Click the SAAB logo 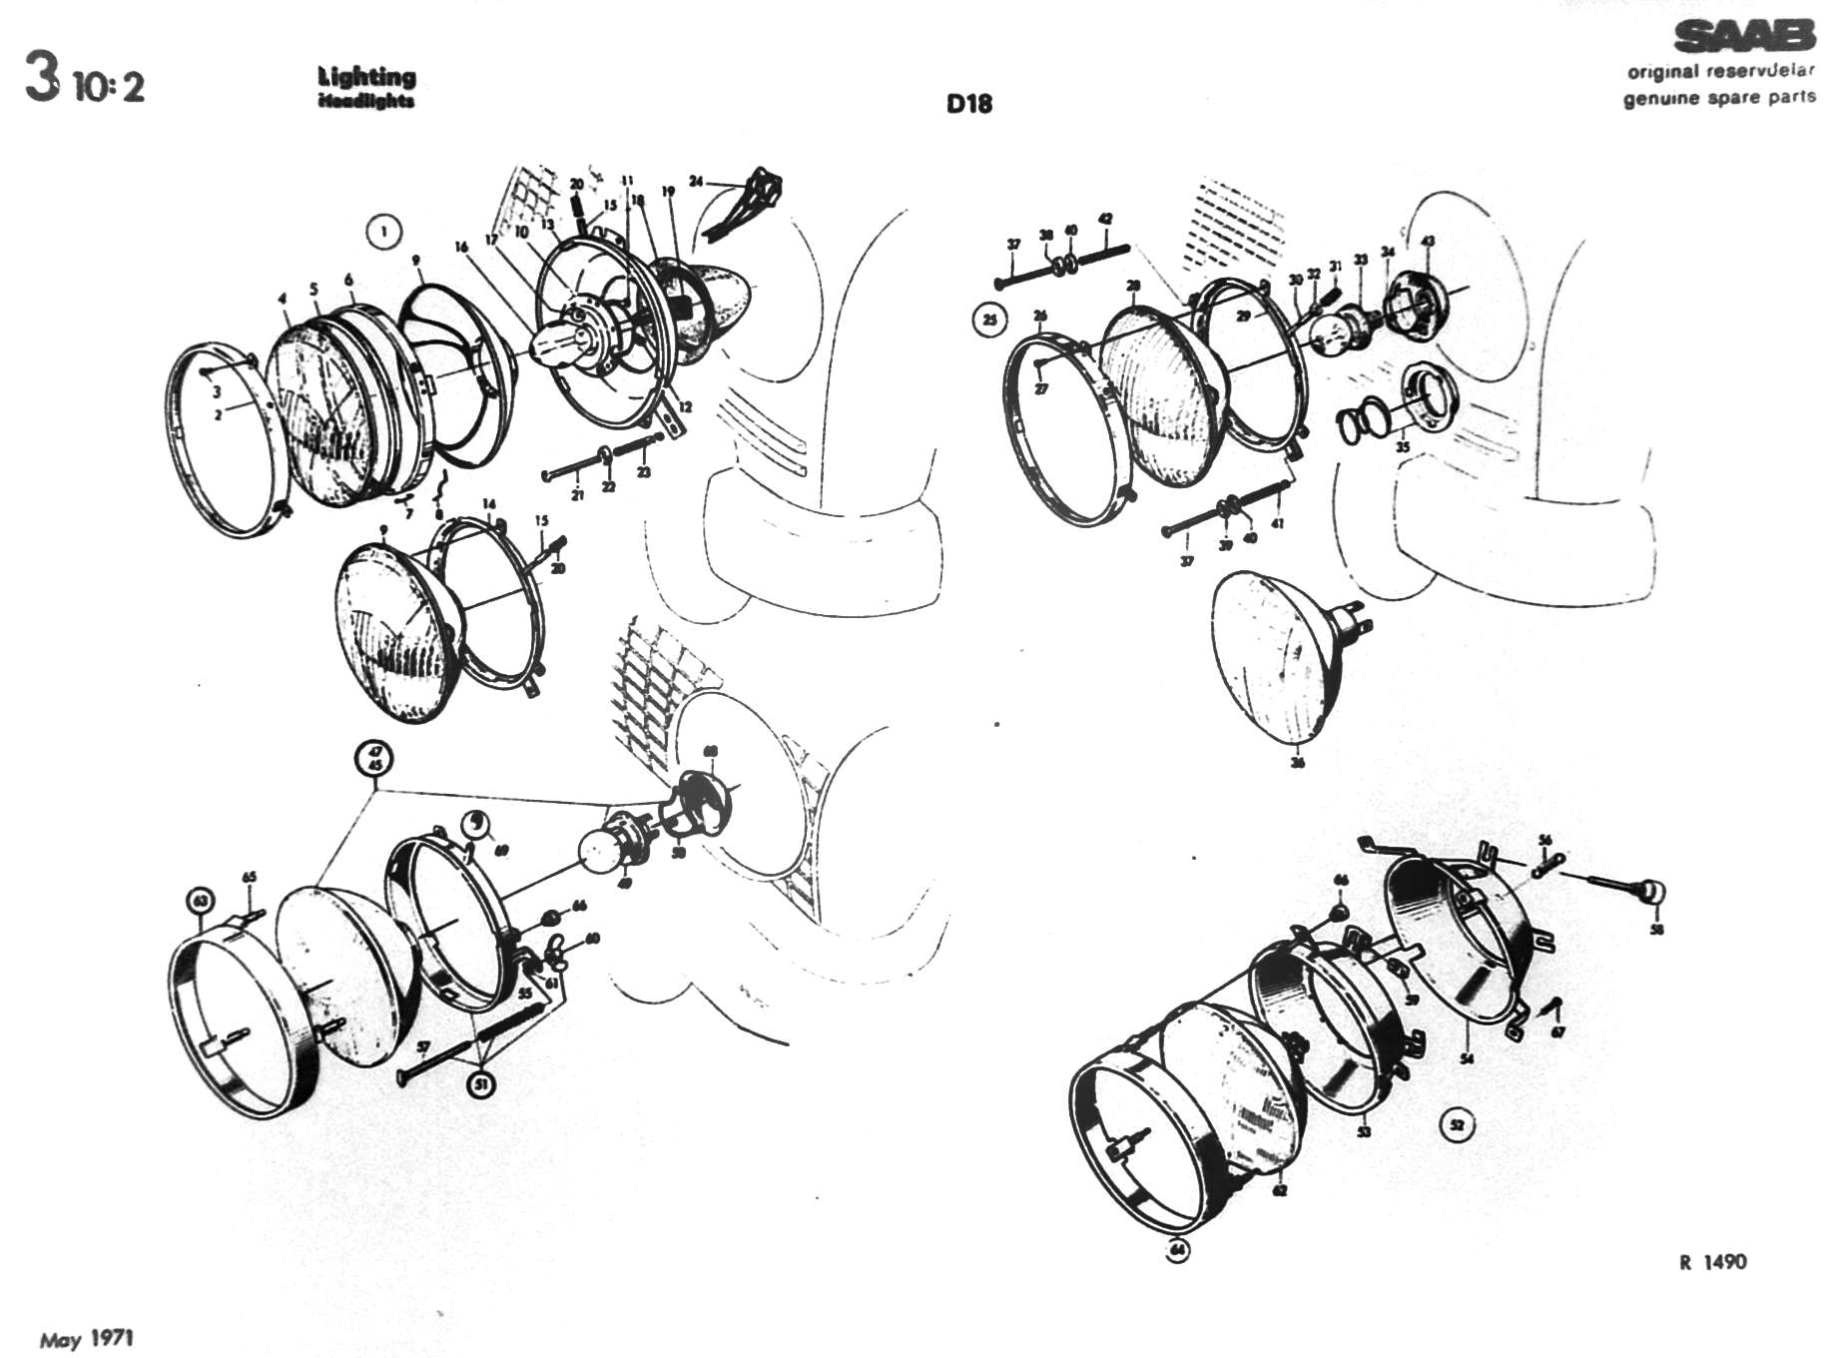click(x=1744, y=37)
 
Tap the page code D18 click(x=969, y=103)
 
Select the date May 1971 click(x=86, y=1338)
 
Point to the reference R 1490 click(x=1713, y=1262)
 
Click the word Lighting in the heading click(x=366, y=76)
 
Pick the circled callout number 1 click(x=384, y=232)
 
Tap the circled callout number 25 click(x=989, y=321)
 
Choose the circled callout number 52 click(x=1457, y=1125)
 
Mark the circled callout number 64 click(x=1179, y=1249)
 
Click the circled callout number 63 click(x=202, y=901)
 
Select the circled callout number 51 click(x=482, y=1084)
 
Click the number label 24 click(x=696, y=182)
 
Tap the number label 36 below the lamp click(x=1297, y=763)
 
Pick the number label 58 click(x=1656, y=930)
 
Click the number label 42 click(x=1105, y=219)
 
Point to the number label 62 click(x=1280, y=1190)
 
